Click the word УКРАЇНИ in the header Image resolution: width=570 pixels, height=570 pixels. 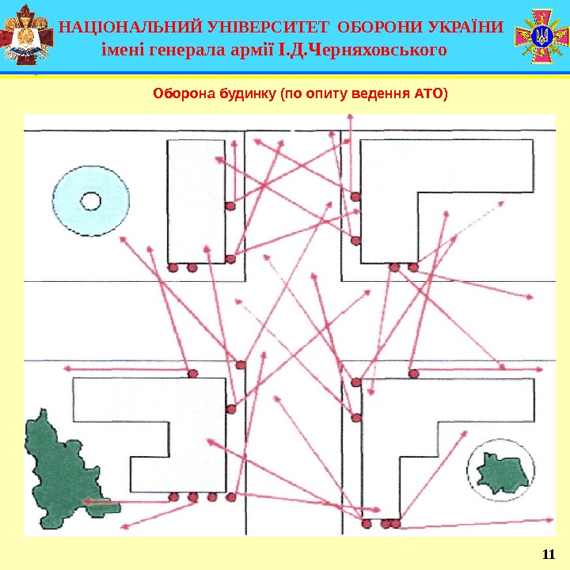click(x=462, y=28)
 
